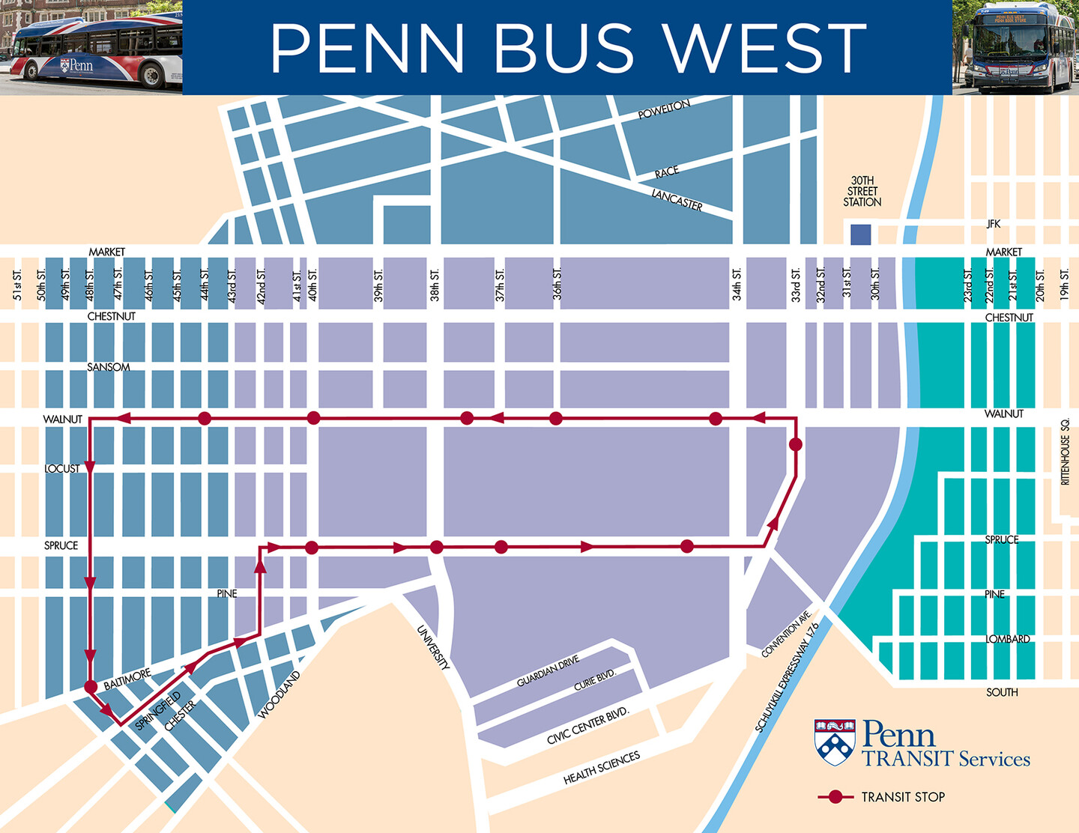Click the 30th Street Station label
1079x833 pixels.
[x=862, y=192]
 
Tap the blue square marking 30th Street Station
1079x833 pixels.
[x=860, y=234]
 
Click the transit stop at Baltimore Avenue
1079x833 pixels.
[x=91, y=686]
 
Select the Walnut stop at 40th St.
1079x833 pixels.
[x=313, y=418]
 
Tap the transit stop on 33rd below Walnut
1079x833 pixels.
[x=796, y=445]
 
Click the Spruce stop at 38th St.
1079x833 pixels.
[x=437, y=548]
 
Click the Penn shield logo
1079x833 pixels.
[x=835, y=742]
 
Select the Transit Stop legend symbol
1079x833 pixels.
[x=835, y=797]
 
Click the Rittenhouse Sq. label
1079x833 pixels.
[x=1065, y=452]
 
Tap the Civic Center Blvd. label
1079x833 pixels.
[x=588, y=725]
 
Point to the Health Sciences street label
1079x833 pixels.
[x=602, y=768]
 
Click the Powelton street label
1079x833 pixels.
[x=663, y=110]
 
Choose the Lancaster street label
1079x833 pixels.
[x=677, y=200]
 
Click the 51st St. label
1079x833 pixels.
[x=17, y=285]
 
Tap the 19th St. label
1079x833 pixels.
[x=1064, y=285]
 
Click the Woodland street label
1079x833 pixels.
[x=279, y=694]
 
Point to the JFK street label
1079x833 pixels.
[x=993, y=224]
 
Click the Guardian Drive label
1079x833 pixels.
[x=548, y=671]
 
